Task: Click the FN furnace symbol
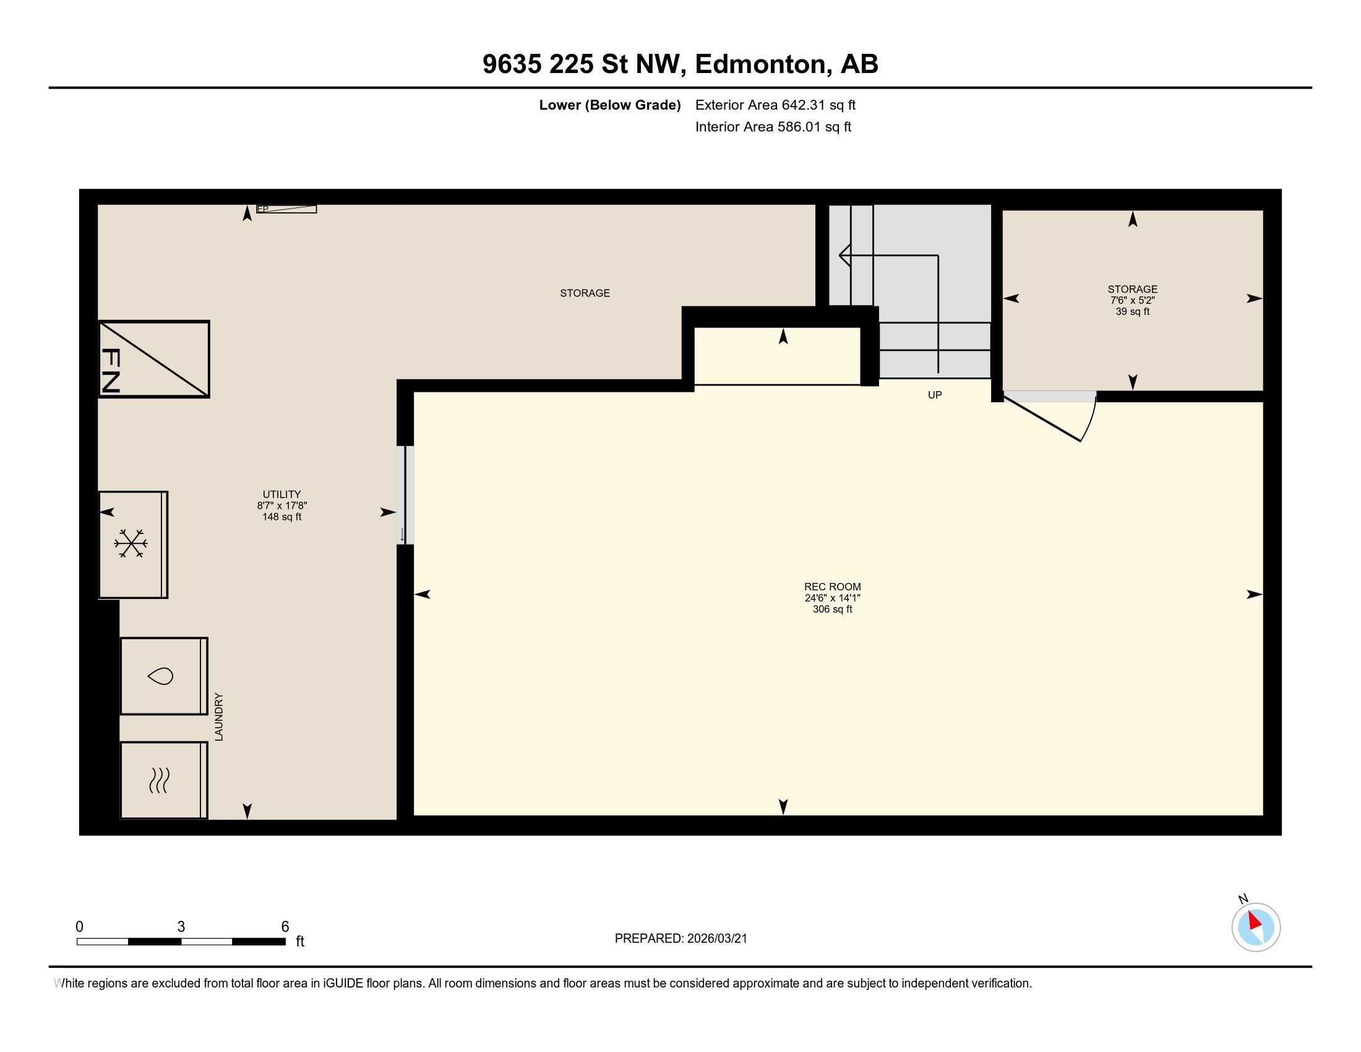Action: (x=153, y=359)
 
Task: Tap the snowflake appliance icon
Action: (x=131, y=543)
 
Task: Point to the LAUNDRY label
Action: (x=219, y=717)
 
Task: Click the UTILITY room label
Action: (x=281, y=494)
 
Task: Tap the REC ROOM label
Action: (x=832, y=587)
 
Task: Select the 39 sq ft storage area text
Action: (x=1132, y=312)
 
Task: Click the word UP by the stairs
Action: (x=934, y=395)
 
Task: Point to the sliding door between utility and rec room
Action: (x=405, y=495)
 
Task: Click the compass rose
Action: (x=1255, y=928)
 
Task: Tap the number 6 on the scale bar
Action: (x=285, y=927)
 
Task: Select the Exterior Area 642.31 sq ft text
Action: (x=775, y=105)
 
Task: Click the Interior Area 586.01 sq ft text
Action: (x=773, y=127)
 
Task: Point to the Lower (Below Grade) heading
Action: (x=609, y=105)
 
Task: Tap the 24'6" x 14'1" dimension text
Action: (x=832, y=598)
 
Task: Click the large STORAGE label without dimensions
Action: (x=585, y=293)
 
